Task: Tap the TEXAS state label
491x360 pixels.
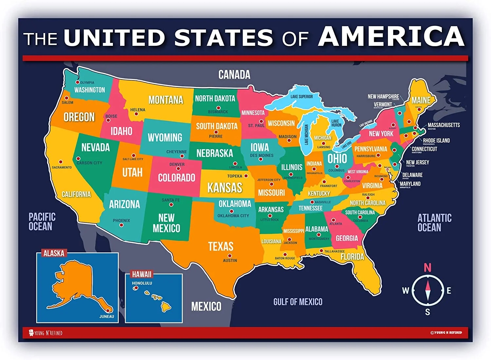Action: (x=221, y=246)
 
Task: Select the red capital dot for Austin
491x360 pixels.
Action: (x=230, y=256)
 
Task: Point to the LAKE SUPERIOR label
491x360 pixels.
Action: (x=301, y=97)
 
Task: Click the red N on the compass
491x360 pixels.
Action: (x=427, y=268)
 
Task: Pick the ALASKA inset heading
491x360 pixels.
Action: (x=54, y=253)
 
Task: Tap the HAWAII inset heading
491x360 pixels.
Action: (x=142, y=274)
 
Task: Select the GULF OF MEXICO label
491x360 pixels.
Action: (x=298, y=302)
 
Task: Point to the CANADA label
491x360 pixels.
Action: (x=234, y=75)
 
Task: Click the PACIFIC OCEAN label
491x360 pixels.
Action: (x=42, y=222)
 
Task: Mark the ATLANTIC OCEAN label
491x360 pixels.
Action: (x=434, y=223)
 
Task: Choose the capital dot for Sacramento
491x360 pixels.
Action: (x=61, y=162)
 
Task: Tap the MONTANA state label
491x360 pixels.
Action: (x=166, y=100)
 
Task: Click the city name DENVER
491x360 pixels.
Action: (x=177, y=164)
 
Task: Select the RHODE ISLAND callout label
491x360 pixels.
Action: (x=436, y=140)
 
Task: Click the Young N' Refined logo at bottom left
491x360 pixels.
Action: (x=45, y=333)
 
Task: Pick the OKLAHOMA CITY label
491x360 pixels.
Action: (x=233, y=216)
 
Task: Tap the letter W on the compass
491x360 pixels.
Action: (x=406, y=290)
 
